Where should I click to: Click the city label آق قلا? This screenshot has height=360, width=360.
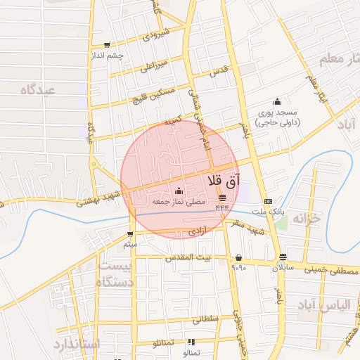224,181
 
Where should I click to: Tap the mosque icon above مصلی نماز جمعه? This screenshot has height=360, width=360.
178,191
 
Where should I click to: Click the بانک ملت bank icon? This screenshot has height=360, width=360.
268,200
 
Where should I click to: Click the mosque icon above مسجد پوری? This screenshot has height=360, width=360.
277,102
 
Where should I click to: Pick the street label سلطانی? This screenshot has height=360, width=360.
206,319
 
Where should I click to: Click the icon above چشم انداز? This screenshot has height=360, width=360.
107,44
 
